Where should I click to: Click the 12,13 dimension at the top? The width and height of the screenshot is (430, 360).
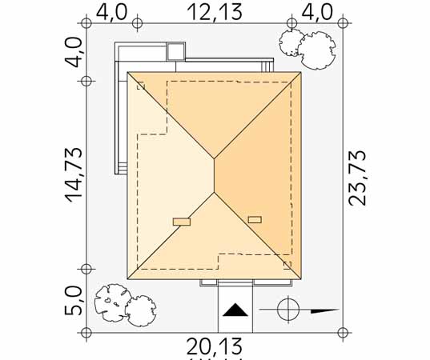click(215, 12)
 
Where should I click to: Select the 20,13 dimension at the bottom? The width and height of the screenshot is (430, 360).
click(215, 346)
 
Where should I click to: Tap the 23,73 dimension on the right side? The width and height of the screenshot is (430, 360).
click(357, 178)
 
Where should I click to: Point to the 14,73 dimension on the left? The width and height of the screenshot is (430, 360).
click(74, 175)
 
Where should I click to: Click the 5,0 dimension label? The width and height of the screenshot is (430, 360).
click(73, 301)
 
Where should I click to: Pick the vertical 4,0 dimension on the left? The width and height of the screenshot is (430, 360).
click(73, 53)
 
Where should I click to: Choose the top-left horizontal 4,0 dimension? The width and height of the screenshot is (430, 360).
click(112, 12)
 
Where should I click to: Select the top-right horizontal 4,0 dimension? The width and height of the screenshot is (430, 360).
click(317, 12)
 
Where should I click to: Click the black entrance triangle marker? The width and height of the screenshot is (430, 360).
click(235, 310)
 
